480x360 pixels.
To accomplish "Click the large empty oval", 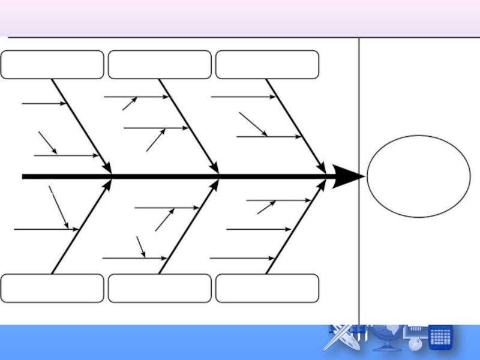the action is [418, 176].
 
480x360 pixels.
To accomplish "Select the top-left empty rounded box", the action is [52, 65].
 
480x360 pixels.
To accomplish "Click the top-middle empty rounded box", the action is [160, 65].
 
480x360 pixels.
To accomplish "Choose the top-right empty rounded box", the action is [267, 65].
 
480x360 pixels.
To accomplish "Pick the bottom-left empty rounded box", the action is [52, 288].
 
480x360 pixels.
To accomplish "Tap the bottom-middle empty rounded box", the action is [160, 288].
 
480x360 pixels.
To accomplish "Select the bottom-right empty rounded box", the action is [267, 288].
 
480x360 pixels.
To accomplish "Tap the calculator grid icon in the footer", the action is [440, 337].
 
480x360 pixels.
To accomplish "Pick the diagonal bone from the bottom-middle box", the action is [188, 227].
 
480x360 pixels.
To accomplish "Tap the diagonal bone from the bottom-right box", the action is [296, 227].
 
